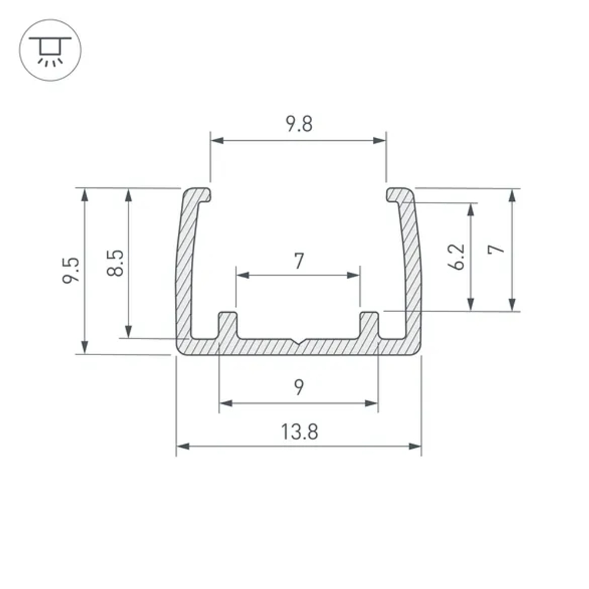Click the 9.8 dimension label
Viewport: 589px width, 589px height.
click(x=299, y=124)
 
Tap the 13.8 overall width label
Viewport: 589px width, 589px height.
click(x=299, y=432)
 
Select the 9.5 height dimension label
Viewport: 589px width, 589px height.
click(x=71, y=270)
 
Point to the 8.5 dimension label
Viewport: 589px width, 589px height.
click(x=115, y=263)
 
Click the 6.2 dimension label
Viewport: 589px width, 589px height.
click(x=456, y=257)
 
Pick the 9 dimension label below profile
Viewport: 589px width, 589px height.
click(x=299, y=388)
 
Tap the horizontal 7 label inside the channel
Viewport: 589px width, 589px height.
click(x=299, y=260)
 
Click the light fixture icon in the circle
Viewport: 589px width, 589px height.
click(x=50, y=50)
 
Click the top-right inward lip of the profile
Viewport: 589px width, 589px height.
click(x=398, y=194)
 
